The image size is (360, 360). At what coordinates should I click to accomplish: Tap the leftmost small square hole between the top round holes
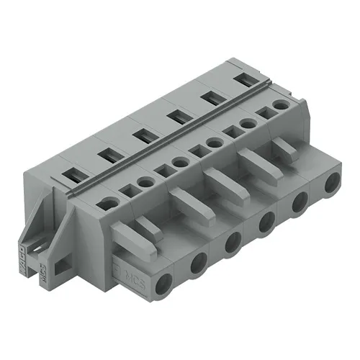click(132, 190)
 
